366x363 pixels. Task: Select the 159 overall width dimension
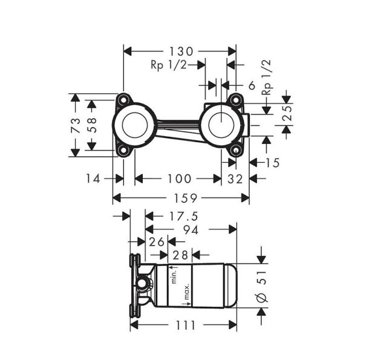(181, 198)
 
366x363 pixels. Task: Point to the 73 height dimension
(76, 125)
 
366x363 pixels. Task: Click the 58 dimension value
(91, 125)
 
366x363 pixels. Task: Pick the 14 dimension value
(93, 178)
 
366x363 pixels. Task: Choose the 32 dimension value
(235, 178)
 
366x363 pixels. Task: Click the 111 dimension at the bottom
(184, 325)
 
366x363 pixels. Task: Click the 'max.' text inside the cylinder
(188, 293)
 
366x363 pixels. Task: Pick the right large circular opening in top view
(221, 125)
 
